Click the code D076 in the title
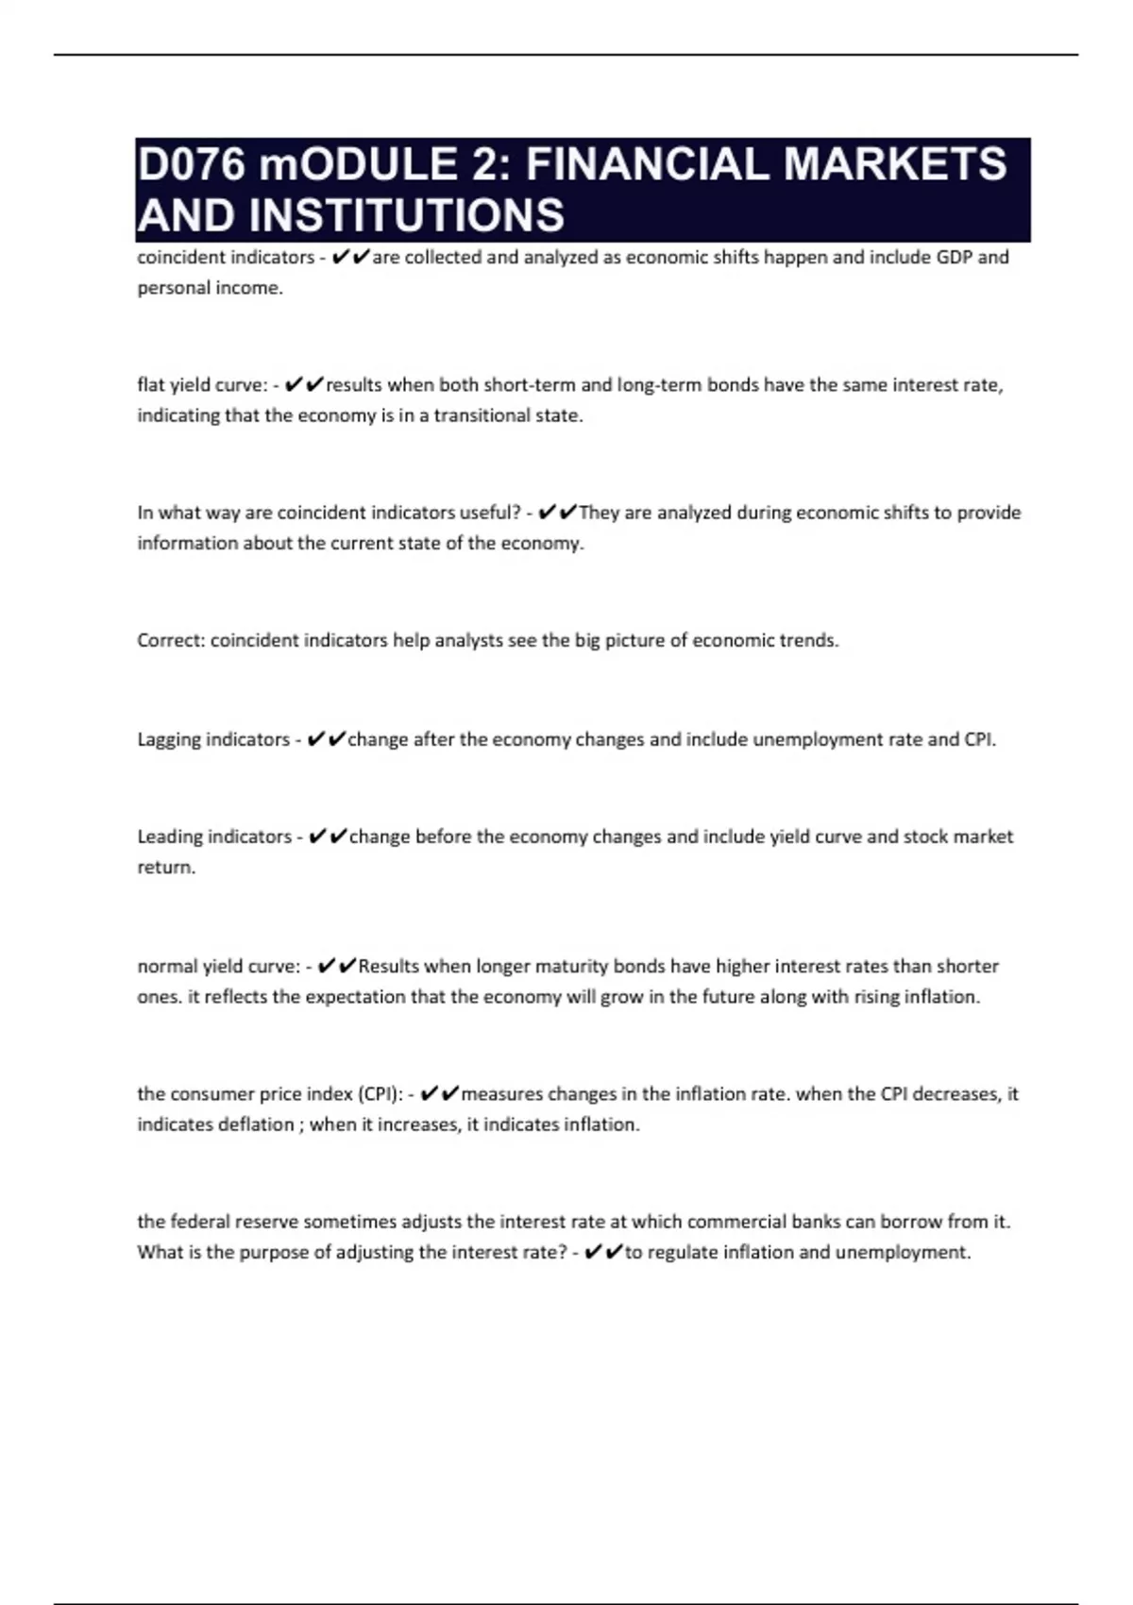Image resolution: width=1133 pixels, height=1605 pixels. tap(191, 165)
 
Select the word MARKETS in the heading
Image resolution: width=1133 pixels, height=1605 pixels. tap(895, 165)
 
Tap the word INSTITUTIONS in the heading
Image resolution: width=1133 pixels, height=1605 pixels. tap(407, 215)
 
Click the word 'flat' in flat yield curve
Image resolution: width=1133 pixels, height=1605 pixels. tap(151, 385)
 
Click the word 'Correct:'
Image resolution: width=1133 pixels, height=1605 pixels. tap(171, 641)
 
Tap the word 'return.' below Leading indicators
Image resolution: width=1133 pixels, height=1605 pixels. tap(166, 868)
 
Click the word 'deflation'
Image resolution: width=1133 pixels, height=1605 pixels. tap(255, 1125)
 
